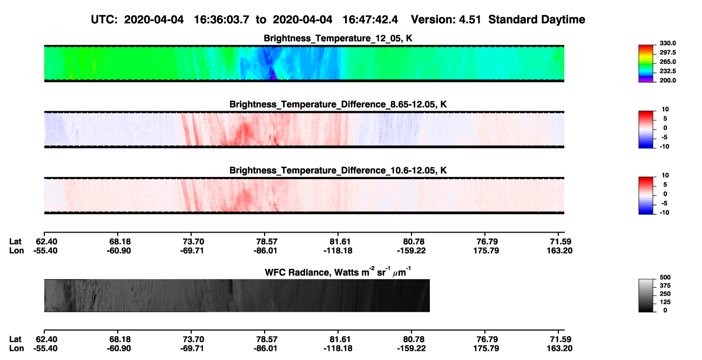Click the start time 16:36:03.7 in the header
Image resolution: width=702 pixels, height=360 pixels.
click(x=221, y=20)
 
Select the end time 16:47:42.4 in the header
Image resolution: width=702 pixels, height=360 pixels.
click(x=370, y=20)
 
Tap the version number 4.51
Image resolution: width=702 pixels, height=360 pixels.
click(x=470, y=20)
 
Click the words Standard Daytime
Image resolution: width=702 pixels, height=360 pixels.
click(x=537, y=20)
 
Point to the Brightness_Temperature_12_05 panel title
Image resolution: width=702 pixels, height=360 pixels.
click(x=338, y=38)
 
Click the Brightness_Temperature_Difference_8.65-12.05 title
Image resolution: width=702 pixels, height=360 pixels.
click(x=338, y=104)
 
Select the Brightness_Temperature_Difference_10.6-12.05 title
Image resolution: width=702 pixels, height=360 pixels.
click(x=338, y=171)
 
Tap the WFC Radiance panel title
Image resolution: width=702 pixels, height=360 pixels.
click(x=338, y=272)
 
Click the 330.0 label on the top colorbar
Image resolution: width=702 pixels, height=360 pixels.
click(x=667, y=43)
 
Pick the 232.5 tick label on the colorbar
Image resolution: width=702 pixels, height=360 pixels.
click(x=667, y=71)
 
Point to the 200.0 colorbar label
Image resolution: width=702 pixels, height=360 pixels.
click(x=667, y=80)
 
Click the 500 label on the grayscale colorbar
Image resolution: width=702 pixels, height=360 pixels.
click(x=665, y=277)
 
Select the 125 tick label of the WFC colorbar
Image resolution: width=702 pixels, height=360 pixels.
click(x=665, y=302)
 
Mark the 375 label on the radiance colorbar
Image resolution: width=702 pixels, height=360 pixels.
click(x=665, y=286)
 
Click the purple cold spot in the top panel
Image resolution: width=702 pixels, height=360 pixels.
click(x=274, y=76)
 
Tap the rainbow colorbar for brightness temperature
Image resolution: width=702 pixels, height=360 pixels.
click(x=646, y=64)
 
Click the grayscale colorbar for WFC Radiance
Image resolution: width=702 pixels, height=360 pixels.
click(x=646, y=295)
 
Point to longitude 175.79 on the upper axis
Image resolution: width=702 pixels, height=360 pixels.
click(x=486, y=250)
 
